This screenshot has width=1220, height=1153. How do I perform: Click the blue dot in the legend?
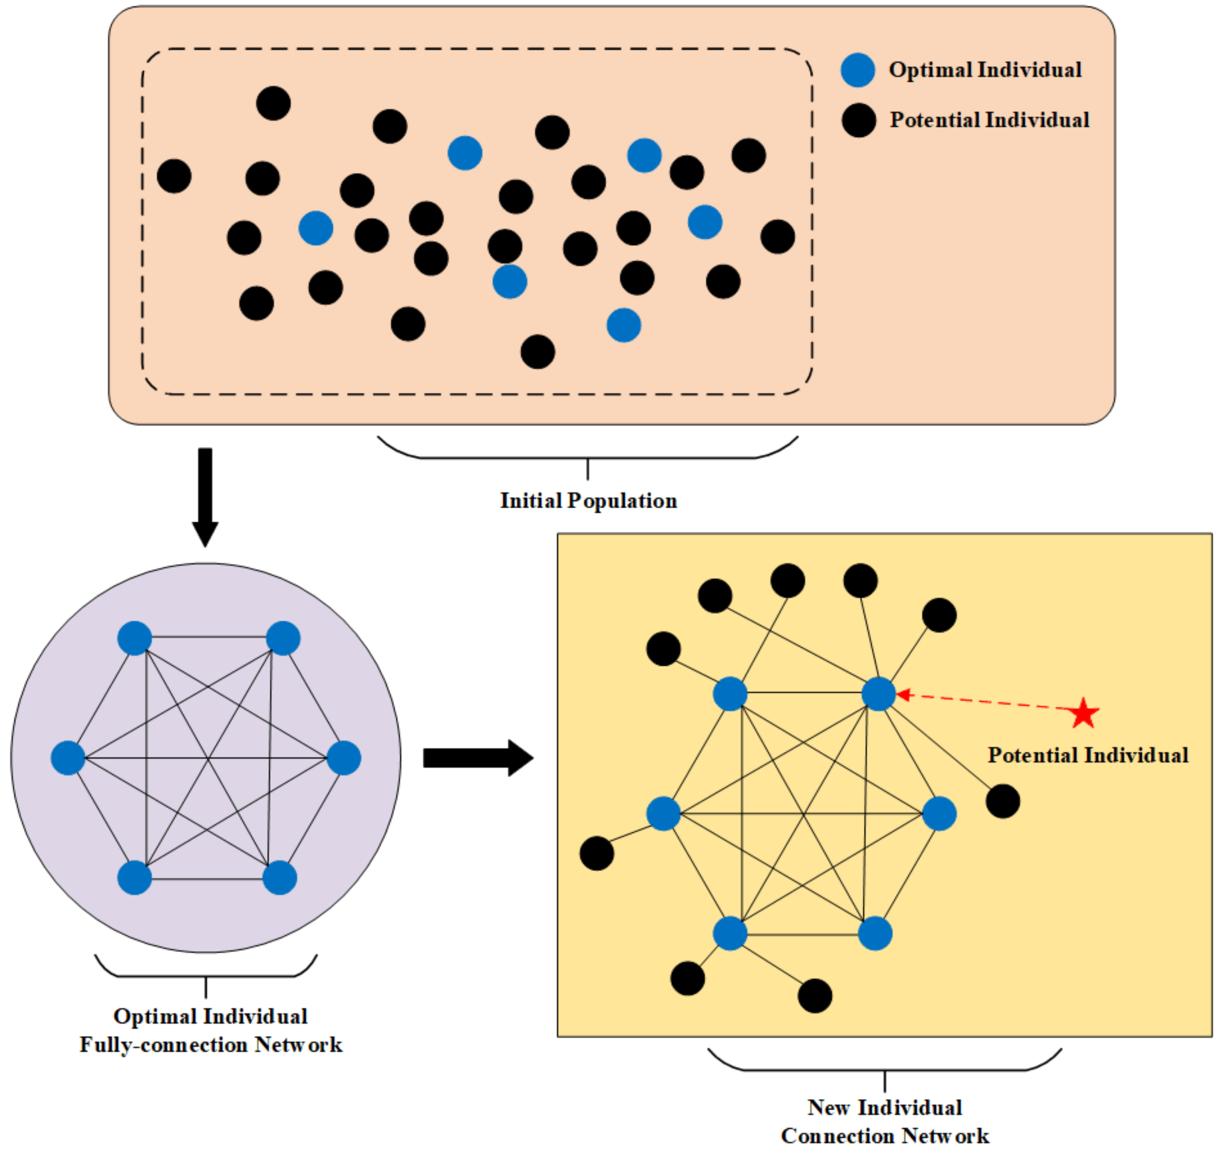858,70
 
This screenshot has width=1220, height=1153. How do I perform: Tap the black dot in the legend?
859,120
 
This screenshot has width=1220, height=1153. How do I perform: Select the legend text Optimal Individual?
985,70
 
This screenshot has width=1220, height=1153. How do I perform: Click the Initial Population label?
588,501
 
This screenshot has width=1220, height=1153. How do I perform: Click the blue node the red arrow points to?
878,694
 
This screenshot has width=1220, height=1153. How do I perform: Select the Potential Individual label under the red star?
1088,756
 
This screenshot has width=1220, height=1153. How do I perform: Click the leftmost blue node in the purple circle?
68,758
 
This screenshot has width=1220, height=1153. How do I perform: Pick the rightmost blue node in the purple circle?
344,758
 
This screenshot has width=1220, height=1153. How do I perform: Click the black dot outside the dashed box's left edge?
174,176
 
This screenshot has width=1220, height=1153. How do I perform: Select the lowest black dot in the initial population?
538,352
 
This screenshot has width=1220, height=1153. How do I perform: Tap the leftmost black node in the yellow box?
597,853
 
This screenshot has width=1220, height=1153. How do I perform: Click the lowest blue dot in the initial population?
624,325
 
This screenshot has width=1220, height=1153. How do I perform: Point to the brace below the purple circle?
206,972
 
